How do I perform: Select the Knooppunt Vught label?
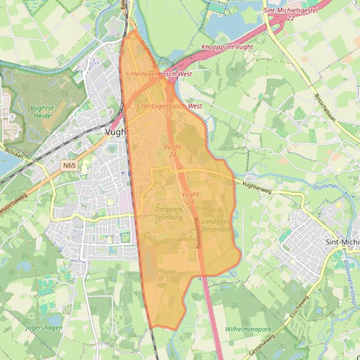tap(227, 47)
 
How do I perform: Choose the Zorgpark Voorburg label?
tap(168, 213)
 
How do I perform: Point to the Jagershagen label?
tap(44, 328)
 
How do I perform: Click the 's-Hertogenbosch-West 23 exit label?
tap(169, 110)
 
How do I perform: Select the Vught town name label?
tap(116, 132)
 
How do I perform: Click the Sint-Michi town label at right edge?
tap(342, 242)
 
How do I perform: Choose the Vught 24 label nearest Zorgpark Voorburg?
tap(191, 198)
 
